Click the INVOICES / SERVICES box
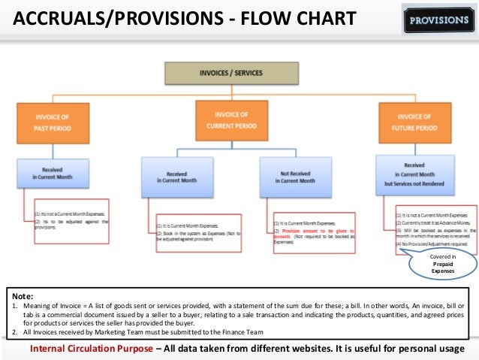pyautogui.click(x=215, y=74)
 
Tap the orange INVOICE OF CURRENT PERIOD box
pyautogui.click(x=230, y=119)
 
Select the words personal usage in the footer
pyautogui.click(x=438, y=350)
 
